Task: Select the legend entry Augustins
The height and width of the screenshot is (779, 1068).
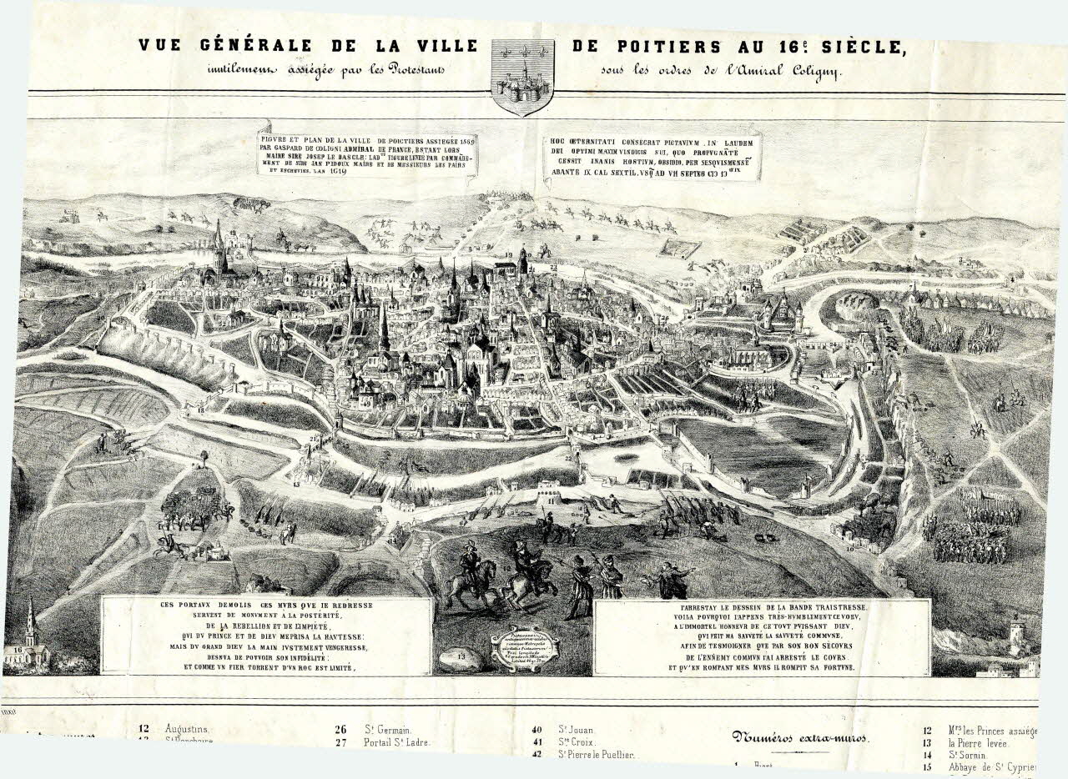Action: click(x=188, y=728)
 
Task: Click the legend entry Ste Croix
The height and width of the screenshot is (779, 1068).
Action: click(x=577, y=741)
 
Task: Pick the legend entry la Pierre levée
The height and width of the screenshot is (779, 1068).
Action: click(x=978, y=743)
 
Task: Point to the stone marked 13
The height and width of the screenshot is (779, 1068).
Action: click(x=466, y=658)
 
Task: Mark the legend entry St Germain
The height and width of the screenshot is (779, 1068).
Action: click(x=388, y=729)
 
